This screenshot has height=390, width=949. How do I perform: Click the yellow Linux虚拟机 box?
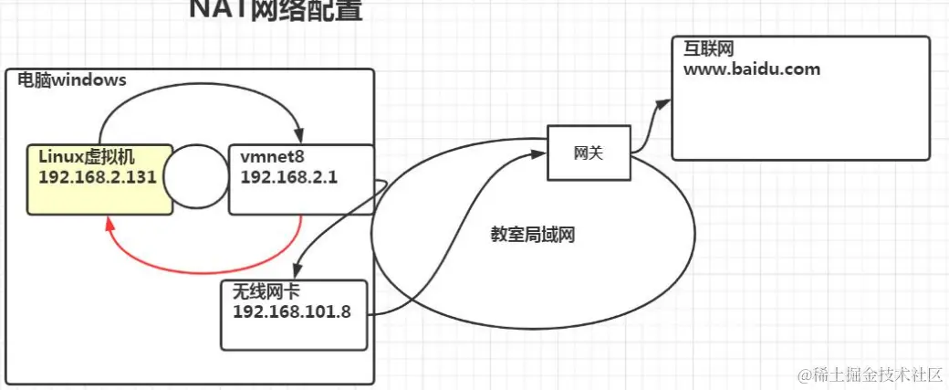[99, 179]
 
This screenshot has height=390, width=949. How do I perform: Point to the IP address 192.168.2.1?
[289, 177]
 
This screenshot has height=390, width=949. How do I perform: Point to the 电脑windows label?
[72, 80]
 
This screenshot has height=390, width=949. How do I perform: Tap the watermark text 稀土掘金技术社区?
[876, 374]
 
